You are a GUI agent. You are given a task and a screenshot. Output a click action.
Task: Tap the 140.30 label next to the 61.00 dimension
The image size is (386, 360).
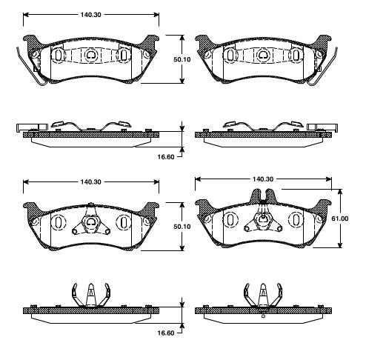click(264, 179)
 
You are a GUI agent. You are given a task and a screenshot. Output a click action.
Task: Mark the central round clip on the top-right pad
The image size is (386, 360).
click(262, 54)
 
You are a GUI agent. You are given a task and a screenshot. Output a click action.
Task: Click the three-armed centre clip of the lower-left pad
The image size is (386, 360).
click(90, 224)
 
